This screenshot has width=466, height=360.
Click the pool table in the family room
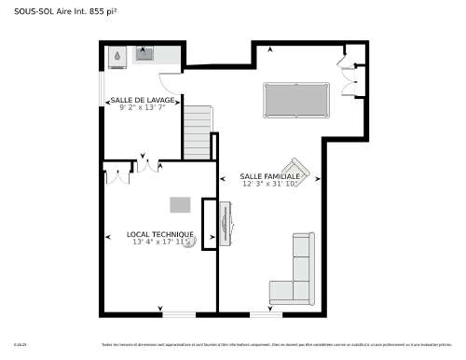pyautogui.click(x=296, y=97)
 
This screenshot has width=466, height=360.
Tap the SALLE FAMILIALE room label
pyautogui.click(x=269, y=175)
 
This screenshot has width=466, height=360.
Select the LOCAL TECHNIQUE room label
pyautogui.click(x=160, y=234)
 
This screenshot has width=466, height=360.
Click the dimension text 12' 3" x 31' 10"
pyautogui.click(x=269, y=184)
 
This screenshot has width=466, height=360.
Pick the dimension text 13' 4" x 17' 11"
pyautogui.click(x=160, y=242)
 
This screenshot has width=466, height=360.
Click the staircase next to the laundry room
pyautogui.click(x=197, y=132)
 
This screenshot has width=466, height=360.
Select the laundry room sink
pyautogui.click(x=145, y=55)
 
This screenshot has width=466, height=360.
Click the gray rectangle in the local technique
pyautogui.click(x=180, y=204)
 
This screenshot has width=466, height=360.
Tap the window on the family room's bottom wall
pyautogui.click(x=266, y=312)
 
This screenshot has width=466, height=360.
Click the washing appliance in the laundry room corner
pyautogui.click(x=116, y=55)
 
